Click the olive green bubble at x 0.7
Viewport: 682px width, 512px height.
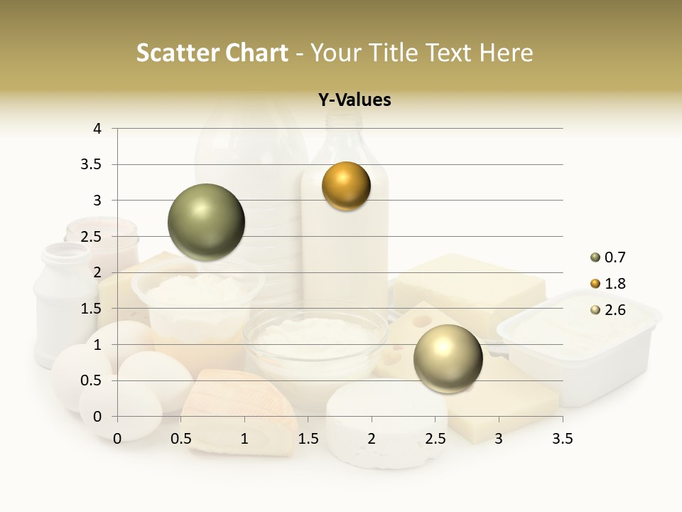point(206,222)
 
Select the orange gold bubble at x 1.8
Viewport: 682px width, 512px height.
point(346,186)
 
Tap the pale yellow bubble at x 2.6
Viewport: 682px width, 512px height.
point(448,358)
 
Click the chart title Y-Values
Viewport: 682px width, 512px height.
point(354,100)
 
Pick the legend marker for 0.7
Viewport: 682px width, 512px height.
point(595,257)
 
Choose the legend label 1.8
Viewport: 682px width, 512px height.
point(615,284)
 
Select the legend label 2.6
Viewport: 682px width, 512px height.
point(615,310)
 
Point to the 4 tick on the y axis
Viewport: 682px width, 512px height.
point(97,129)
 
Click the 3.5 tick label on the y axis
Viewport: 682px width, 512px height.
point(92,165)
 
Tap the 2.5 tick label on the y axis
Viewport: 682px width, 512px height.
point(92,237)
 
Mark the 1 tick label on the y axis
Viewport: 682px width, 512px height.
point(97,345)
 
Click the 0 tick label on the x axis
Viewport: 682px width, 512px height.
point(117,439)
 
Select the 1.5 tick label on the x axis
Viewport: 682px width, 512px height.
point(308,439)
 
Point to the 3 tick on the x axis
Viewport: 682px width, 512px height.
point(499,439)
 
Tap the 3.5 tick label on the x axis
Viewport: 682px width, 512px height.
point(562,439)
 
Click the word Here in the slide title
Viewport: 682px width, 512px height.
point(507,53)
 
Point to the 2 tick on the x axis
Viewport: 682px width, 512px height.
point(372,439)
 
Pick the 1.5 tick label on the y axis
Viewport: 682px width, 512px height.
point(92,309)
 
